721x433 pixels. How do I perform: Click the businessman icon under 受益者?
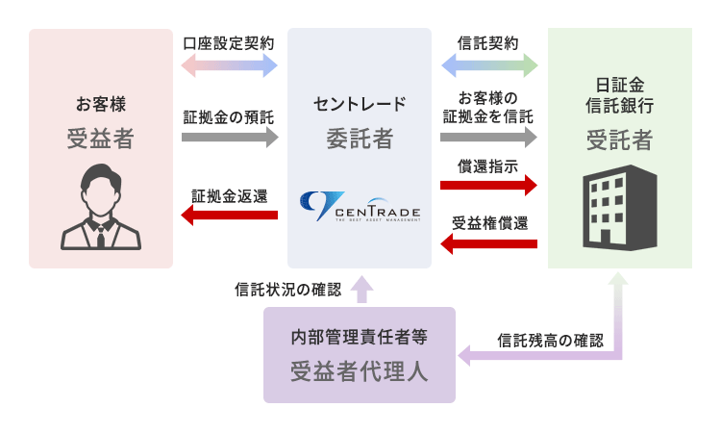point(100,207)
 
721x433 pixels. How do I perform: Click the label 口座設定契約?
point(229,43)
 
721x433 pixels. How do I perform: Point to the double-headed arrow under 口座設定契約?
point(229,65)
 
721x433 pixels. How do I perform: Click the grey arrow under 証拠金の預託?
point(229,138)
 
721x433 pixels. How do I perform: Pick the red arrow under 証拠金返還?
point(229,216)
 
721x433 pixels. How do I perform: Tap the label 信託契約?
point(488,43)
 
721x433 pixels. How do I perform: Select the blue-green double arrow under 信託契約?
point(488,65)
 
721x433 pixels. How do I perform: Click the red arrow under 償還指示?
point(488,186)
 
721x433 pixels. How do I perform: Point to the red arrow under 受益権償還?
point(488,243)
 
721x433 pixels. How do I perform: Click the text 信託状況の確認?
point(287,288)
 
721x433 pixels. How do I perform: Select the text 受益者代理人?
point(360,372)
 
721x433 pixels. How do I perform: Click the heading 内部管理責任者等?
point(360,338)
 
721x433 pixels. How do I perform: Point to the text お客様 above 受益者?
point(101,104)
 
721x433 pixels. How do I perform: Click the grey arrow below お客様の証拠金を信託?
point(488,138)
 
